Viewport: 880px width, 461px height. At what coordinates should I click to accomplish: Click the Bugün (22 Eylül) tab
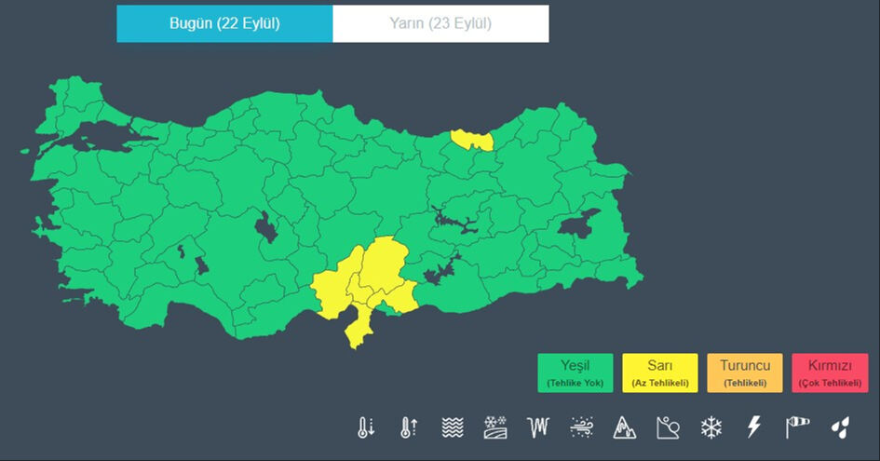point(224,24)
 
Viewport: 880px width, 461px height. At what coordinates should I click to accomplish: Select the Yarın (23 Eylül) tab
point(440,24)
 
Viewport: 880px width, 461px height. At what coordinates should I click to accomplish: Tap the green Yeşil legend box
point(575,373)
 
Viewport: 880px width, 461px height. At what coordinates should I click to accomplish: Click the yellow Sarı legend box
point(660,373)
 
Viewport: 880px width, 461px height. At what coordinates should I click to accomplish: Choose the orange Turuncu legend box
point(745,373)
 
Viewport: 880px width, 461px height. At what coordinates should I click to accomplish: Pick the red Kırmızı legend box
point(829,373)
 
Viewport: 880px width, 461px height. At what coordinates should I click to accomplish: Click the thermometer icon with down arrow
point(365,427)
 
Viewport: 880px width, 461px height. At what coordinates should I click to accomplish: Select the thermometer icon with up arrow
point(408,427)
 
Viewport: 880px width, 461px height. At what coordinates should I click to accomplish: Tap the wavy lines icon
point(452,427)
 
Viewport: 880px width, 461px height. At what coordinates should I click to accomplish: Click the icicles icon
point(538,427)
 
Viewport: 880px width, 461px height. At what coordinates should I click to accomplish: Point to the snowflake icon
point(711,427)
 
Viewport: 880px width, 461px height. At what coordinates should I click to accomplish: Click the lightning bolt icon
point(754,427)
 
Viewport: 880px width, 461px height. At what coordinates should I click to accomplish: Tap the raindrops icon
point(841,427)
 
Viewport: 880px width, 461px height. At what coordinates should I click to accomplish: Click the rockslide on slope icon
point(668,427)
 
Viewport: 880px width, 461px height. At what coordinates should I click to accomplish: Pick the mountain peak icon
point(624,427)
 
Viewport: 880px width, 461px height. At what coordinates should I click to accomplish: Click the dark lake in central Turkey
point(266,226)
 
